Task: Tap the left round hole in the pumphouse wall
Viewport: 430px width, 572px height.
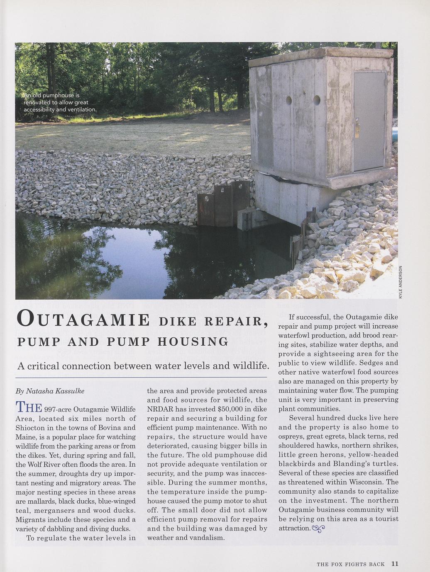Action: coord(289,100)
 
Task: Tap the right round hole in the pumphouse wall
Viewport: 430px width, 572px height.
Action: coord(317,100)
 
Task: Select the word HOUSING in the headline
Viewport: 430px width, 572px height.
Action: coord(193,342)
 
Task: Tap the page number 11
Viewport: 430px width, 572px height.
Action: coord(394,564)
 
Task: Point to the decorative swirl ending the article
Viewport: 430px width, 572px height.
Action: coord(318,528)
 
